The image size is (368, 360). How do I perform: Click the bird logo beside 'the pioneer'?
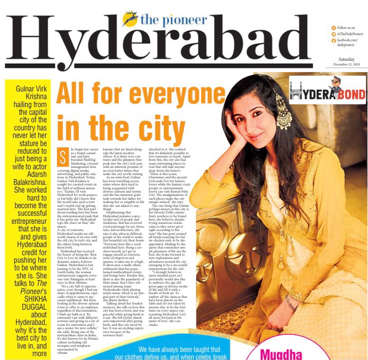pyautogui.click(x=129, y=19)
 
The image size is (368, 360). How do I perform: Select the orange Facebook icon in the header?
pyautogui.click(x=334, y=41)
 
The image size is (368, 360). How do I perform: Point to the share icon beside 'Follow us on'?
pyautogui.click(x=334, y=28)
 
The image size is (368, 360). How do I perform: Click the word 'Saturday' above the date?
pyautogui.click(x=350, y=58)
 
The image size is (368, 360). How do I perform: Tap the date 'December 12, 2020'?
pyautogui.click(x=347, y=64)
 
